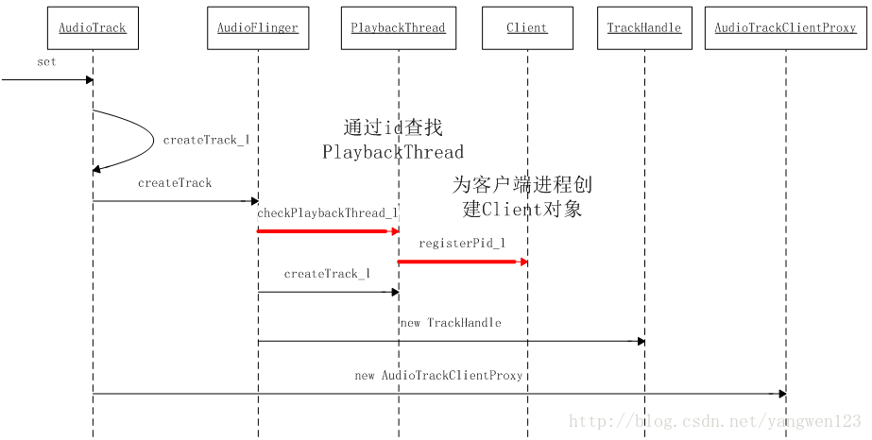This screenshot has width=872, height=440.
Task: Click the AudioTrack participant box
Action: (x=92, y=28)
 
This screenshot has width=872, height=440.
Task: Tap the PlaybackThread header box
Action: (x=398, y=28)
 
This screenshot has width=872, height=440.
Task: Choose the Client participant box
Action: (x=526, y=28)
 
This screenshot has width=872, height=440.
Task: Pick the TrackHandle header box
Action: (x=644, y=28)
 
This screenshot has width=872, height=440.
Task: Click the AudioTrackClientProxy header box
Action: (x=785, y=28)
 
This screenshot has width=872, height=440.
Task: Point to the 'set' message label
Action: (x=46, y=62)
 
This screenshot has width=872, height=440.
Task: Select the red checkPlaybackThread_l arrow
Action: (x=326, y=231)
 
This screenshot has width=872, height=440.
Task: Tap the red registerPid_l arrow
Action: (x=461, y=262)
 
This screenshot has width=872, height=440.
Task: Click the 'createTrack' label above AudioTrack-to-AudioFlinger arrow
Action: (x=175, y=183)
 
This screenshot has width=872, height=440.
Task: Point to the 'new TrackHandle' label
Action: (x=451, y=323)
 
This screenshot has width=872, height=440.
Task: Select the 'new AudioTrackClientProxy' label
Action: (x=438, y=376)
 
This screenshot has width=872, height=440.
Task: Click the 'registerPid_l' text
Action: (x=462, y=244)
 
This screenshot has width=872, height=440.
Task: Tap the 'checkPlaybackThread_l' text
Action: (x=327, y=213)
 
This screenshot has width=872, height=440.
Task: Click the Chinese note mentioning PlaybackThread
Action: (x=393, y=140)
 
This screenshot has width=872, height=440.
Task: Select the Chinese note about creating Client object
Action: (x=522, y=196)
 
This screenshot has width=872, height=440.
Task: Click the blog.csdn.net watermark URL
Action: (x=714, y=421)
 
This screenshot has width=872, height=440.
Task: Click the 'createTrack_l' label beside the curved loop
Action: (x=206, y=140)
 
